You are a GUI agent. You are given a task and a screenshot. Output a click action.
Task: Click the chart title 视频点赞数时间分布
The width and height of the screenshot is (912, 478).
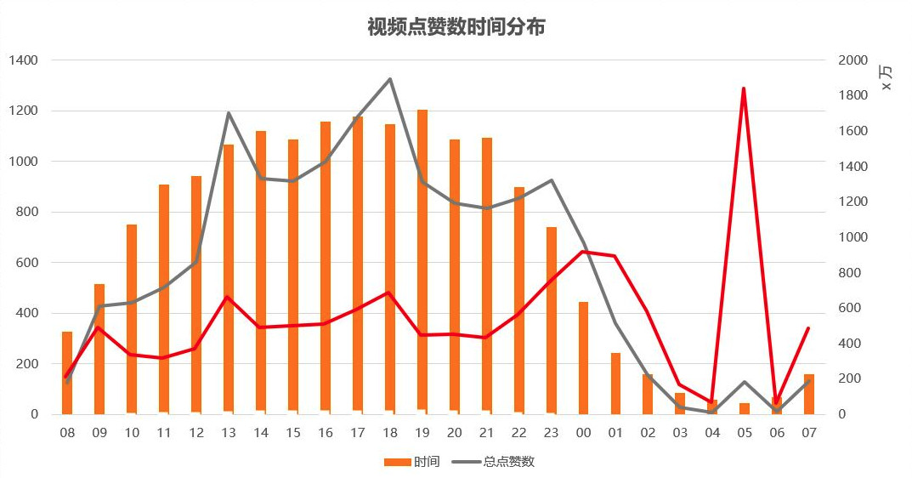[456, 27]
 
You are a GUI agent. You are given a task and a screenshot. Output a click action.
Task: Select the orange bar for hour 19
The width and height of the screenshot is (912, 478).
[422, 272]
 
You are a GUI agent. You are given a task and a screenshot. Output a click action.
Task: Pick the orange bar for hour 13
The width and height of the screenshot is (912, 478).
[229, 281]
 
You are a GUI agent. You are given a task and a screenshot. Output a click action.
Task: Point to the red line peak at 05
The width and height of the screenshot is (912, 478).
[744, 88]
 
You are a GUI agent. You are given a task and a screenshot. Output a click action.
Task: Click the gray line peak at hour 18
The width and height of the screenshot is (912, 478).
[389, 79]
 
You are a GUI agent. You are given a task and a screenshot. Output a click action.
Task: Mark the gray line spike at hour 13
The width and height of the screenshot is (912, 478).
[229, 113]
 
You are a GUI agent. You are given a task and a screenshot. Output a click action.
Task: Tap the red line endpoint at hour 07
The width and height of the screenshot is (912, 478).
[808, 328]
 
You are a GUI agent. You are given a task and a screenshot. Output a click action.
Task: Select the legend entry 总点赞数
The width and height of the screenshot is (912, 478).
[500, 462]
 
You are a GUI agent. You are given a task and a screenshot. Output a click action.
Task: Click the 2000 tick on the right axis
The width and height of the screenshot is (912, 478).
[853, 60]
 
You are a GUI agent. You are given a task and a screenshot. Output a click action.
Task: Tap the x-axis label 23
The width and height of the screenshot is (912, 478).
[551, 433]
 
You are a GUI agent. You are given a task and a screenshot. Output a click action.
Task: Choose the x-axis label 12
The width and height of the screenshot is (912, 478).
[196, 433]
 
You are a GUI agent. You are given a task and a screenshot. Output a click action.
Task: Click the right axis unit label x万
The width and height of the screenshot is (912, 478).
[886, 78]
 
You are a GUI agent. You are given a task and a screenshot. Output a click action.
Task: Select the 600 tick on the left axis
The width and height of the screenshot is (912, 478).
[27, 263]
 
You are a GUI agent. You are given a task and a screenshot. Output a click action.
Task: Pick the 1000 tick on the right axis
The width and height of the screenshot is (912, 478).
[853, 237]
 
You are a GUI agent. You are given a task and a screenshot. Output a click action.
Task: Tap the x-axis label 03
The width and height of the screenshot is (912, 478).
[680, 433]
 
